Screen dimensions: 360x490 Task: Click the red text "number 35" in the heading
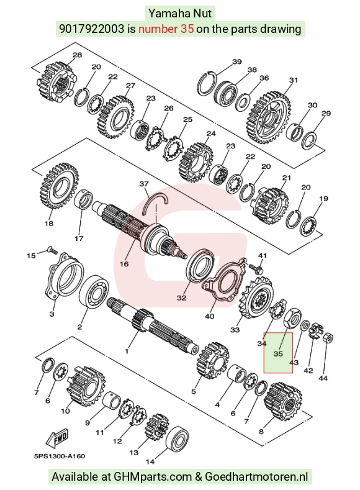point(166,29)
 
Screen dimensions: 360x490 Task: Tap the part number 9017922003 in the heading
point(91,29)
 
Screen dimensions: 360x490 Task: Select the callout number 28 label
point(77,55)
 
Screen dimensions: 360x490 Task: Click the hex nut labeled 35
point(291,318)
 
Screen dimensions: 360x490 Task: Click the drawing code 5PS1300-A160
point(60,456)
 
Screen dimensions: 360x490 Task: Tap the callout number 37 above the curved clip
point(144,184)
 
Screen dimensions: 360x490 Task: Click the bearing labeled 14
point(178,440)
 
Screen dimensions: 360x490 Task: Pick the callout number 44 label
point(323,378)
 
